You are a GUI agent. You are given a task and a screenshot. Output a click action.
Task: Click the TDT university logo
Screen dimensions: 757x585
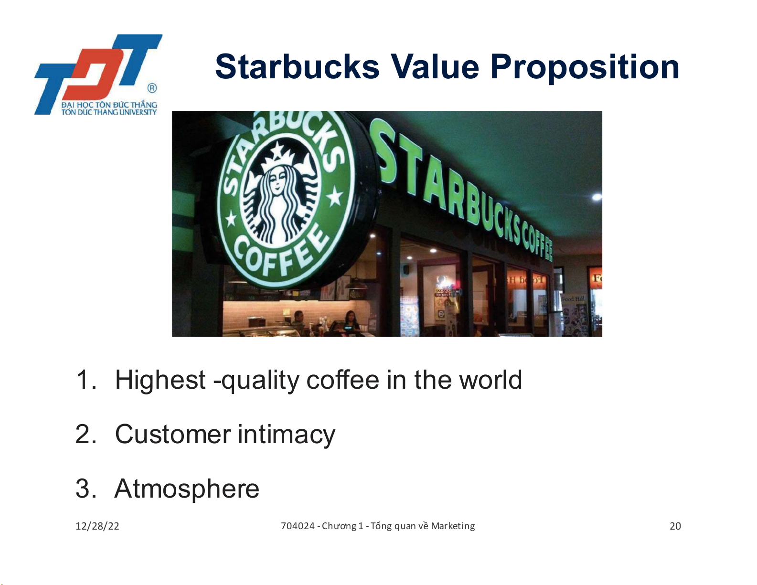(97, 74)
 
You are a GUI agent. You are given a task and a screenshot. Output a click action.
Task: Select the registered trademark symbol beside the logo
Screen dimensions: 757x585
(152, 88)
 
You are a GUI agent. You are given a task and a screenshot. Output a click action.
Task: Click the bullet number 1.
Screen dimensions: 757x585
(85, 380)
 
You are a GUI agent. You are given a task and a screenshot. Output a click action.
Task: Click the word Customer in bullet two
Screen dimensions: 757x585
(173, 434)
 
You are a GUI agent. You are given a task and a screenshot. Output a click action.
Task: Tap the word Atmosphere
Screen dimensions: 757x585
(187, 489)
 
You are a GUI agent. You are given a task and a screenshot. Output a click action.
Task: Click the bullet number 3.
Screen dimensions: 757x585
(85, 489)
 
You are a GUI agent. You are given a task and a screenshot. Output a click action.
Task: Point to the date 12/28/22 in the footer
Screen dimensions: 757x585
(97, 526)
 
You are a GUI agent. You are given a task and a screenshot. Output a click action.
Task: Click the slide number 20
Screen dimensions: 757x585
(675, 526)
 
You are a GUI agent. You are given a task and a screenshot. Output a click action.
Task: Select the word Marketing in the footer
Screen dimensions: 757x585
(453, 526)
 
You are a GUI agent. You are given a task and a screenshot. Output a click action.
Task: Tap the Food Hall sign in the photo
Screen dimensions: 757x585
(573, 299)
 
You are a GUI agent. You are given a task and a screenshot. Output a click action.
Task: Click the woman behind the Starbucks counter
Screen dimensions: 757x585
(351, 321)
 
